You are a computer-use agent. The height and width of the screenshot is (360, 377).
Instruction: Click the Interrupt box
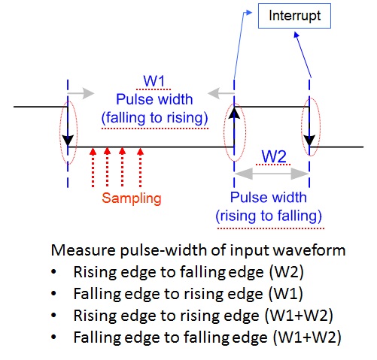(294, 16)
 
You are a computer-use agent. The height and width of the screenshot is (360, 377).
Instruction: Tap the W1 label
(154, 81)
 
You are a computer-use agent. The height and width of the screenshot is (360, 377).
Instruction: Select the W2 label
(274, 156)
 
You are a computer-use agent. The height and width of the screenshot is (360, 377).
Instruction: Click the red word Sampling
(132, 198)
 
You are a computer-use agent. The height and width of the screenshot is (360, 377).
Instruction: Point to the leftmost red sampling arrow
(93, 168)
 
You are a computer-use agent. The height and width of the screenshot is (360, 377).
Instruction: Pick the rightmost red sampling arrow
(141, 168)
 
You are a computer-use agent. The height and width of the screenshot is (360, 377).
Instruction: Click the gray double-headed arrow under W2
(272, 174)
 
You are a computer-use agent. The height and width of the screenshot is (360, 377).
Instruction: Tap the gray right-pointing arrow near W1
(81, 93)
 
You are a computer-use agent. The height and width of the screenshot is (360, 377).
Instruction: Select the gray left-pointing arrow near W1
(220, 93)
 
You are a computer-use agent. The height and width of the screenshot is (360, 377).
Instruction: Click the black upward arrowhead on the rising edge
(234, 113)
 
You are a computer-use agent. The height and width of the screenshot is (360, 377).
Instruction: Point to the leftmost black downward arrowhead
(68, 141)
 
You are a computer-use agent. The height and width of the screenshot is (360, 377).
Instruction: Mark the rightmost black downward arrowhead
(309, 141)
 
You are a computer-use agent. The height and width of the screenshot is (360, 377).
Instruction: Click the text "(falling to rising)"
(155, 118)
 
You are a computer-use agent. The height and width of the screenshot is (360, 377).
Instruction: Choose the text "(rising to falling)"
(269, 216)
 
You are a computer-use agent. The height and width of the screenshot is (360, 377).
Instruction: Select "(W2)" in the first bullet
(286, 272)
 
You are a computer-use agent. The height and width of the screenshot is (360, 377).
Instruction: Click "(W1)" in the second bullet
(285, 294)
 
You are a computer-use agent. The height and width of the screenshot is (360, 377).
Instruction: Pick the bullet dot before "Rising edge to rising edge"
(53, 316)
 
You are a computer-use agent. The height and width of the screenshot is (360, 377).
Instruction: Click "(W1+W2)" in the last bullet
(307, 337)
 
